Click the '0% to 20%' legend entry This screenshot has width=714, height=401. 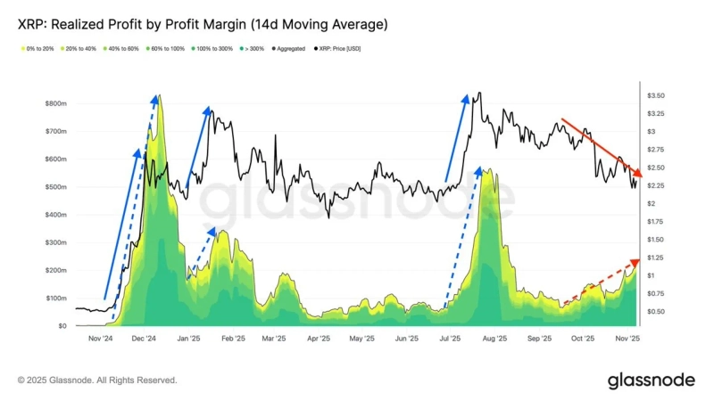pyautogui.click(x=35, y=48)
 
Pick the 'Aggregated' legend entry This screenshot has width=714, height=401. pyautogui.click(x=290, y=48)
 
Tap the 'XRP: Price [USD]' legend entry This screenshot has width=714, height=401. pyautogui.click(x=340, y=48)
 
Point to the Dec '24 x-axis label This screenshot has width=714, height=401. pyautogui.click(x=144, y=340)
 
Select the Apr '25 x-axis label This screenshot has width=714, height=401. pyautogui.click(x=319, y=340)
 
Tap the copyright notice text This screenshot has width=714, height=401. pyautogui.click(x=97, y=381)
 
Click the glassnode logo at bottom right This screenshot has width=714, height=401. pyautogui.click(x=651, y=381)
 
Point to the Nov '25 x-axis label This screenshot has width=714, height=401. pyautogui.click(x=627, y=340)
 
